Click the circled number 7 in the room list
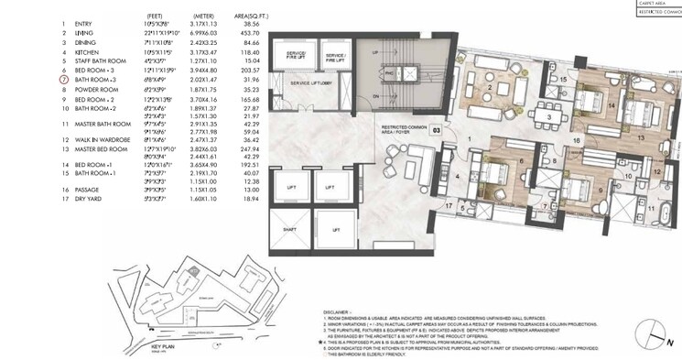tap(64, 81)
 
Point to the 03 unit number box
tap(436, 131)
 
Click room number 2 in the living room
tap(491, 89)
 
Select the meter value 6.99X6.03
tap(205, 32)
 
